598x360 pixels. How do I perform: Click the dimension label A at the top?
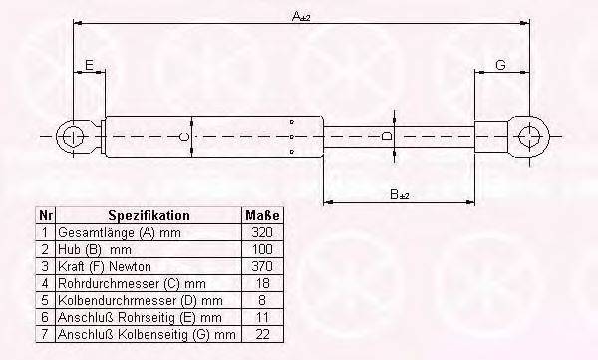tap(301, 16)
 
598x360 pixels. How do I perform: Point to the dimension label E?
tap(89, 65)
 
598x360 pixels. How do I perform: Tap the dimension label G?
tap(500, 65)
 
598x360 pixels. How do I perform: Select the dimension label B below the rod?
tap(400, 195)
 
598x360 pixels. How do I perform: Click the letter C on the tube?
tap(183, 137)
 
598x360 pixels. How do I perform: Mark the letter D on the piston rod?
tap(387, 136)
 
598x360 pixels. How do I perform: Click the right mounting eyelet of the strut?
tap(530, 136)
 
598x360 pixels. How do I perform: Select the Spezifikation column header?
tap(149, 215)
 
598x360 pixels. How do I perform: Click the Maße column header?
tap(262, 215)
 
